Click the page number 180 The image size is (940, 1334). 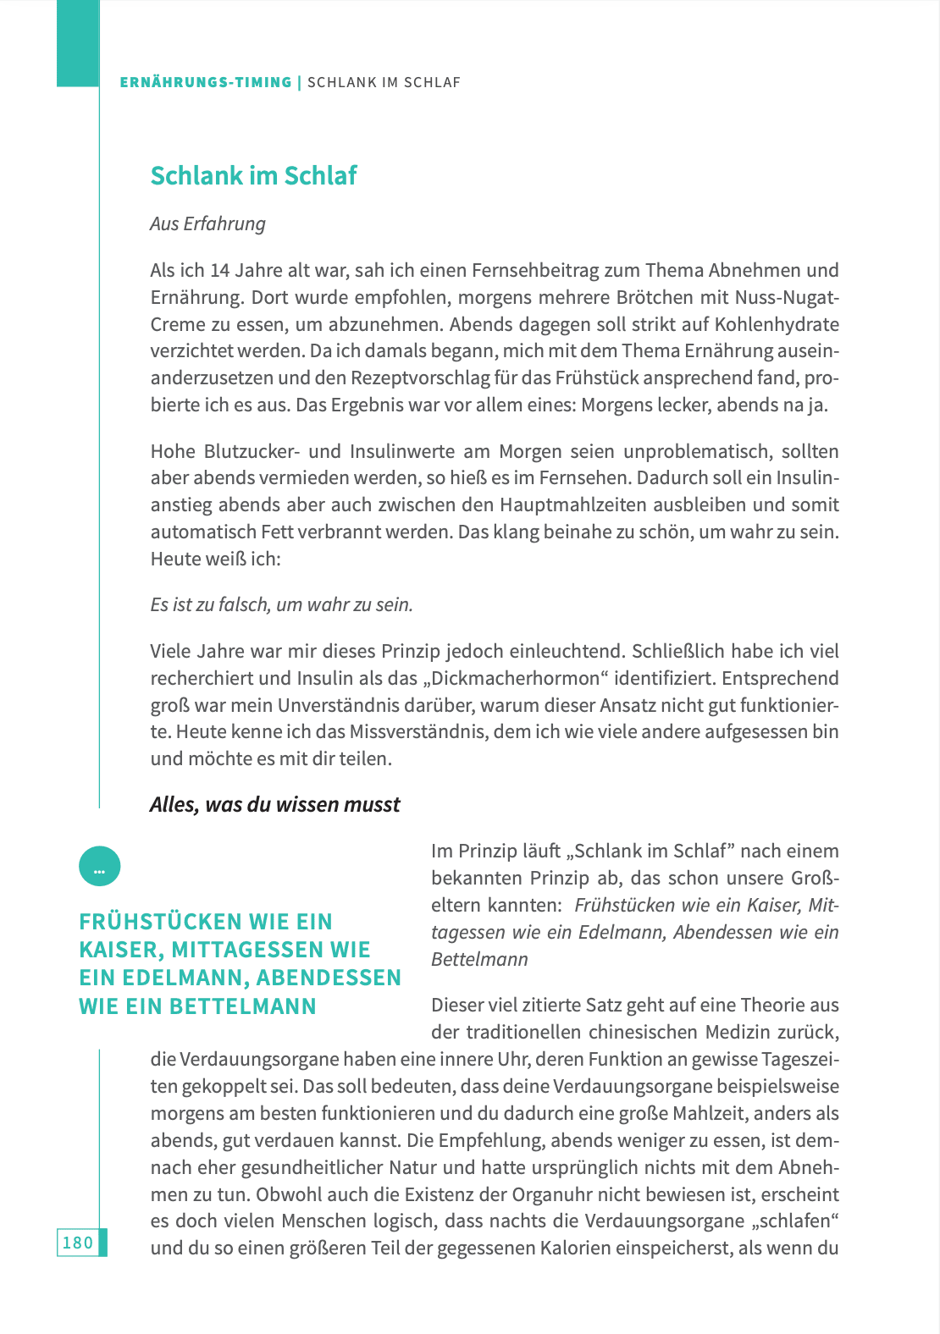coord(77,1243)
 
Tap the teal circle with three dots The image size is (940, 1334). coord(99,867)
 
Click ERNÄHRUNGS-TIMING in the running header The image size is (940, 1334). coord(206,82)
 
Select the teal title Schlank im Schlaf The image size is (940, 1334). coord(253,175)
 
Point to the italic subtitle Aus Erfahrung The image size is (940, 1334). coord(207,223)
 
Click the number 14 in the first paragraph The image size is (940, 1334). coord(219,270)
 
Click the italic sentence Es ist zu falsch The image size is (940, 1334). coord(281,604)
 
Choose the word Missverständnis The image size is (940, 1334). coord(418,731)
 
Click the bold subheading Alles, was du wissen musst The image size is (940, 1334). coord(274,804)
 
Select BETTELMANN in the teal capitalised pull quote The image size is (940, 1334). coord(242,1006)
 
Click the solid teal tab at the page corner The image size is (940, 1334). coord(78,43)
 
